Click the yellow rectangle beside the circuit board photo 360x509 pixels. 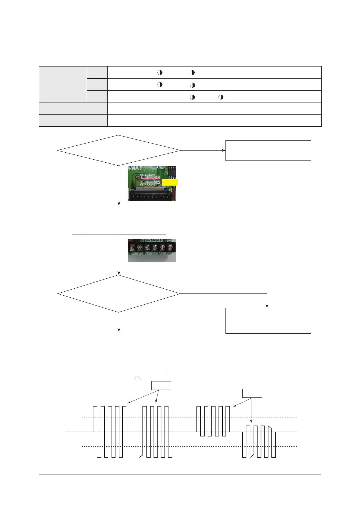[x=170, y=182]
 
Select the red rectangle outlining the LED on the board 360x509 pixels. [x=149, y=183]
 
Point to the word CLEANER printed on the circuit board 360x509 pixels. [x=157, y=167]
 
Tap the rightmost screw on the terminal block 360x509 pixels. [x=170, y=248]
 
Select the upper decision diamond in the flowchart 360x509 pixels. [x=119, y=150]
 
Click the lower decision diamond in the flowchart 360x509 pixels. [x=119, y=293]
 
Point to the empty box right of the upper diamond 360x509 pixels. [x=268, y=150]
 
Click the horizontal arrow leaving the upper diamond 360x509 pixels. [x=203, y=150]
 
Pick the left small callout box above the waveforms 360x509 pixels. [x=161, y=385]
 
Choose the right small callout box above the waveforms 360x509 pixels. [x=252, y=393]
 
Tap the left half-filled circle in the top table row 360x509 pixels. [x=160, y=73]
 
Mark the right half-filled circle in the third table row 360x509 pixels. [x=221, y=97]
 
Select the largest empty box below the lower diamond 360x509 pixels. [x=119, y=353]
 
